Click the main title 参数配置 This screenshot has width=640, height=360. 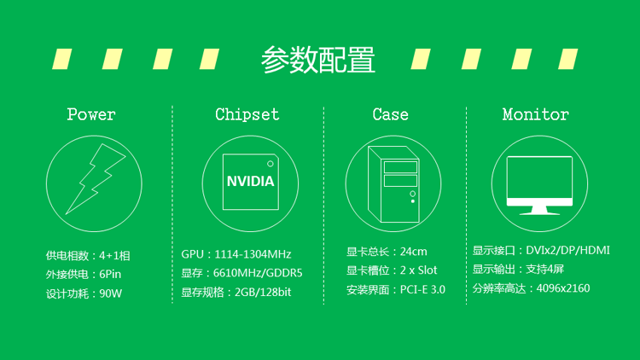click(318, 60)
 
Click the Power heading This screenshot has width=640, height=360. click(91, 114)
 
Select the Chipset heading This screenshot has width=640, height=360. click(247, 114)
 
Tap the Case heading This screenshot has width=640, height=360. click(390, 114)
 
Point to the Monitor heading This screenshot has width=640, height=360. click(536, 114)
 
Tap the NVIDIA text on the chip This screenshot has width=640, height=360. click(250, 181)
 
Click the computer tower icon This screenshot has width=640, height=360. click(393, 184)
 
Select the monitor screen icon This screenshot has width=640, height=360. click(539, 186)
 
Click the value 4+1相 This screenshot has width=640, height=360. click(114, 256)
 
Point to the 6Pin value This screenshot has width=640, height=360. click(110, 275)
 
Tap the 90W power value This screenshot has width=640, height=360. click(111, 293)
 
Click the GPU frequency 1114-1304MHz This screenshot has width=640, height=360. click(253, 254)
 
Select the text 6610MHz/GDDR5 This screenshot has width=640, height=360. click(258, 273)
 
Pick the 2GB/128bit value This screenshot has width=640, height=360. click(263, 293)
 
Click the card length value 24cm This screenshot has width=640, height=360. click(414, 252)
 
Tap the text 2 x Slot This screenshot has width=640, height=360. click(418, 270)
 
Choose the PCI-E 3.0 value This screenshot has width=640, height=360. click(422, 289)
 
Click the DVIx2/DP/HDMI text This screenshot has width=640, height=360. click(567, 250)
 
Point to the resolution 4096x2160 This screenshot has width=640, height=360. click(563, 288)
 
